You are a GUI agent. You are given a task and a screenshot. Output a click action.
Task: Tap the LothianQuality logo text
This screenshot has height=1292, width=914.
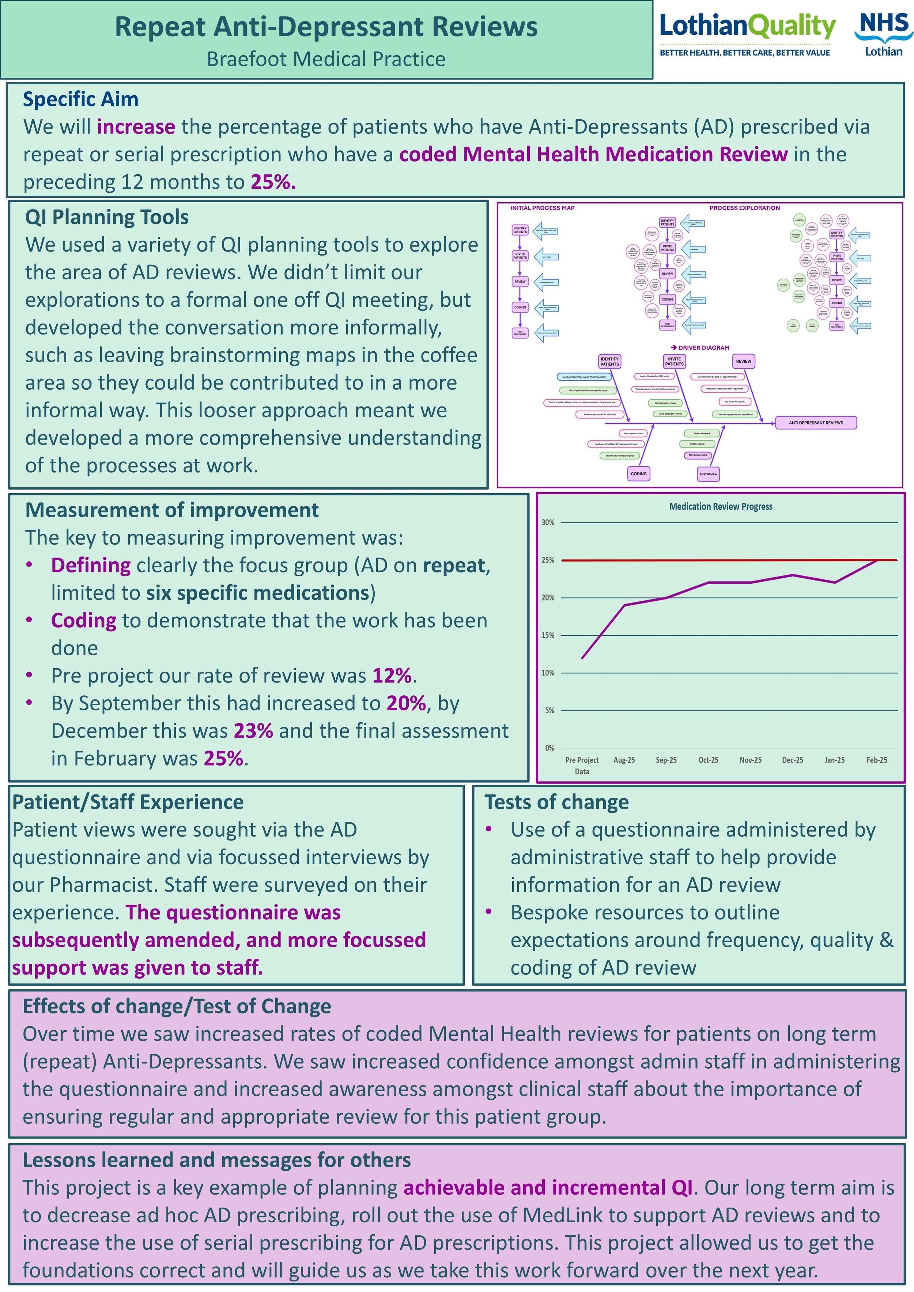pos(747,26)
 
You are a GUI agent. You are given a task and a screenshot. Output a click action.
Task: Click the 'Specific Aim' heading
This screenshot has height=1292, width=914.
pos(80,99)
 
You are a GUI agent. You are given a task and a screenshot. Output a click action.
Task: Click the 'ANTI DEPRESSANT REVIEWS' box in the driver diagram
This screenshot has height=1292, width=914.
pos(816,423)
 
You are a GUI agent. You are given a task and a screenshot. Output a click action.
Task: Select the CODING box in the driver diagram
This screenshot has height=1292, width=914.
pos(638,474)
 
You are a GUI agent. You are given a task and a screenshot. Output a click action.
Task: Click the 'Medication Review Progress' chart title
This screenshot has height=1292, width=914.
pos(720,506)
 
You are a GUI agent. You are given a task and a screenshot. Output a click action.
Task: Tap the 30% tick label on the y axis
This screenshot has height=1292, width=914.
pos(548,522)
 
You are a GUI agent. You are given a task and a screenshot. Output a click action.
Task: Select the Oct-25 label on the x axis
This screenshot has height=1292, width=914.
pos(708,760)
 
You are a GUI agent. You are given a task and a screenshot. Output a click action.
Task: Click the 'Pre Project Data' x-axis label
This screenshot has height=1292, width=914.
pos(582,765)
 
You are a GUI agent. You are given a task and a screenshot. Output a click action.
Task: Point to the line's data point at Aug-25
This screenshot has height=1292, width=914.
pos(624,605)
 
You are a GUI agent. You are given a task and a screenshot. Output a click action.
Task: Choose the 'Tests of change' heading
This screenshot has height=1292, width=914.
pos(556,802)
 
